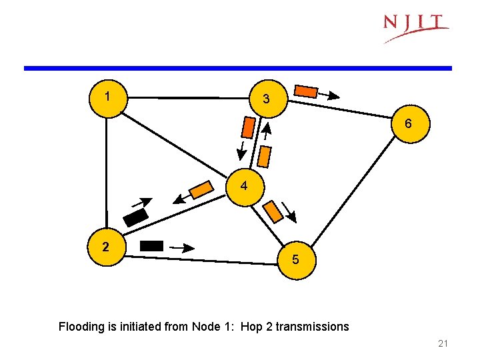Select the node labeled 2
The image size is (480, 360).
coord(106,247)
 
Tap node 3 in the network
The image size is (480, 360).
coord(266,99)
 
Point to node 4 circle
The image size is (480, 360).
coord(245,187)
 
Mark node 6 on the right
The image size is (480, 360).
coord(407,125)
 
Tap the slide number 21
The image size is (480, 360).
coord(443,344)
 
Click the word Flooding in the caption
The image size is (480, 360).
coord(80,327)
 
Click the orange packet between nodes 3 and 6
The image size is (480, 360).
coord(307,91)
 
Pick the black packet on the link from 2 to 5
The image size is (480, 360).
coord(151,245)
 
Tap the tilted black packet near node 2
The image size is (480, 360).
coord(136,217)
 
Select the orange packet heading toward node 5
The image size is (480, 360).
coord(273,212)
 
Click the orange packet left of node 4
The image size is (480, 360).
coord(201,191)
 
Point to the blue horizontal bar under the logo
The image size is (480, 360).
coord(238,68)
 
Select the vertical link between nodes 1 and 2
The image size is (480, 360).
coord(106,173)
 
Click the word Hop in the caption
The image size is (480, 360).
coord(252,327)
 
